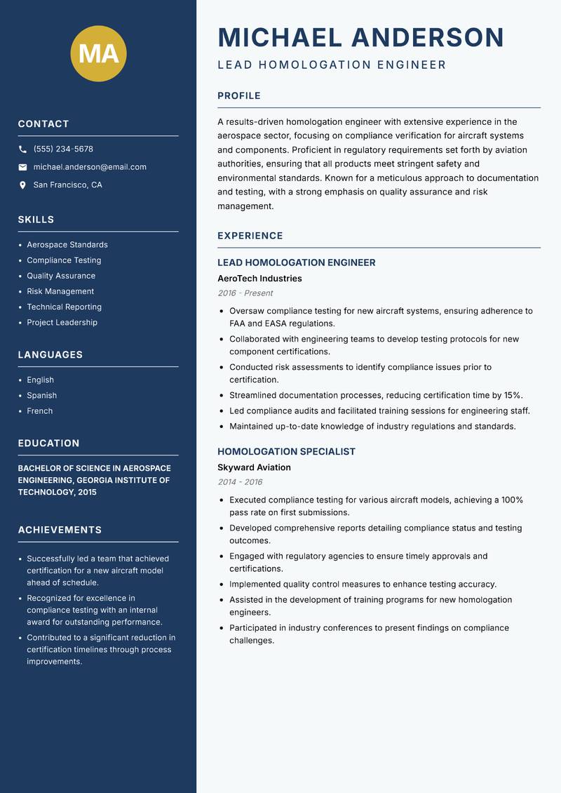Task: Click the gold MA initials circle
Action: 99,53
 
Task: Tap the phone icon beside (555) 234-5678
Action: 23,149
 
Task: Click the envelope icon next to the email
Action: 23,167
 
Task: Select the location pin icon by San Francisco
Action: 23,185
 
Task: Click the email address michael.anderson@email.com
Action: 90,167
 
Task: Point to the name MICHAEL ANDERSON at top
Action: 360,38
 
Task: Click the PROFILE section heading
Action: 239,96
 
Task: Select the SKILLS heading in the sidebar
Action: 36,220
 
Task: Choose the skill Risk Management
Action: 60,291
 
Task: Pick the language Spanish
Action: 42,395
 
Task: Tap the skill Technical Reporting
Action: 64,307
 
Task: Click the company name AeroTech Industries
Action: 259,279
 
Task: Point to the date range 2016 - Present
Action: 245,293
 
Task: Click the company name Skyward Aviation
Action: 254,467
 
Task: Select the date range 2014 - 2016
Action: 240,482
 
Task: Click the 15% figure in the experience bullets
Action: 512,395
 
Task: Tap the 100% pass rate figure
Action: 512,500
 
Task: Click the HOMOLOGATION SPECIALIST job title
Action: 286,452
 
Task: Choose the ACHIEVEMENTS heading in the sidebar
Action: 60,530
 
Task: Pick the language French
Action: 40,411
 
